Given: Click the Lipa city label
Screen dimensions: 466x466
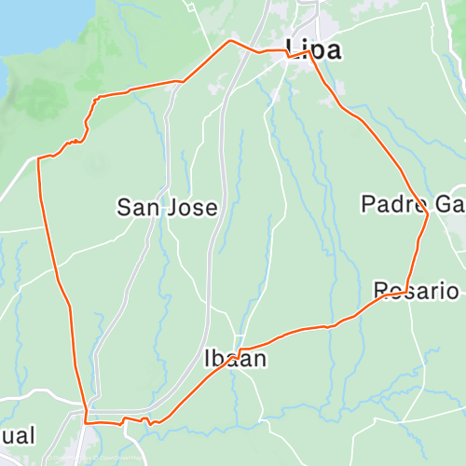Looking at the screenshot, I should coord(314,49).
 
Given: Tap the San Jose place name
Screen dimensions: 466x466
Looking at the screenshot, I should coord(167,207).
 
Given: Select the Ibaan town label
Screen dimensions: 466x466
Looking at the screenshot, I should coord(235,358).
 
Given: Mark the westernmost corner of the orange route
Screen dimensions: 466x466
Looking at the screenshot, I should coord(37,160).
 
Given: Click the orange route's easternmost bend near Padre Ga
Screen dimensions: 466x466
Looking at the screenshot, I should coord(428,214).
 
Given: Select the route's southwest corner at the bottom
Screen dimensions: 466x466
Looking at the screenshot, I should coord(86,422).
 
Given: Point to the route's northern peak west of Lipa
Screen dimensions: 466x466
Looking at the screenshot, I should coord(230,41).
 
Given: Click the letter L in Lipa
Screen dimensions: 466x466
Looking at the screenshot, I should coord(294,49).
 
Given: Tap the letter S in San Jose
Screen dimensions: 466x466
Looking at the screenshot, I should coord(123,207).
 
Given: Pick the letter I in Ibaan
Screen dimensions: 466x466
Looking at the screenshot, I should coord(208,358).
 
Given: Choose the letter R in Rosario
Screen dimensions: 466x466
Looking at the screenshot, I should coord(380,291).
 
